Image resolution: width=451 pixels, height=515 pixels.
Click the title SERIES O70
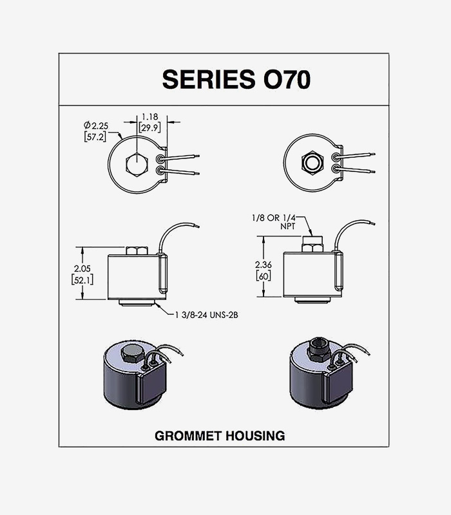point(236,79)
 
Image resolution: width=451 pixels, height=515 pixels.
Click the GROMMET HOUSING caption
point(220,436)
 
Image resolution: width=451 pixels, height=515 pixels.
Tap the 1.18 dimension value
point(149,117)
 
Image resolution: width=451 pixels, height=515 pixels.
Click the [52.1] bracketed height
point(81,279)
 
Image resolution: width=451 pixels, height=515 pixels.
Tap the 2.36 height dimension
point(262,265)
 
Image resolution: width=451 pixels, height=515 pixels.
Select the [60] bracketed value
point(262,276)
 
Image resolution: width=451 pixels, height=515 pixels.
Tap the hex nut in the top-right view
point(313,163)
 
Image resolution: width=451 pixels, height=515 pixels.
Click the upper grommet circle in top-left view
point(160,158)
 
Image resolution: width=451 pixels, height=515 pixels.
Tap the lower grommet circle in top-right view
point(336,169)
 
